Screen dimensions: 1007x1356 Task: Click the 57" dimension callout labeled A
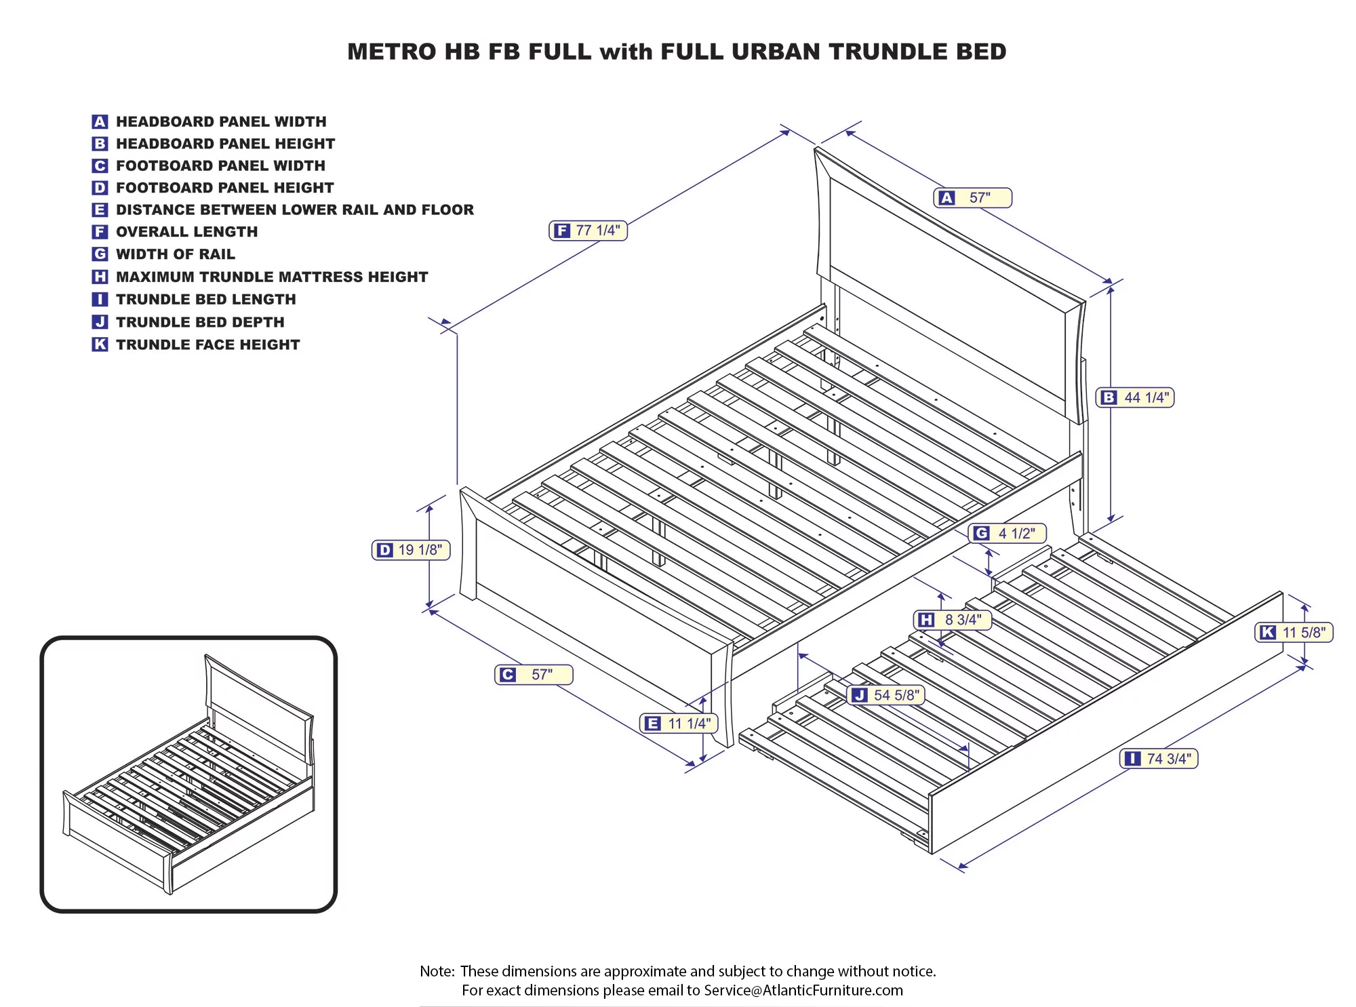point(972,198)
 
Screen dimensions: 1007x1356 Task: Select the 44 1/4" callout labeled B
point(1135,398)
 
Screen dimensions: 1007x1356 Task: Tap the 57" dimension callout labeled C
point(534,675)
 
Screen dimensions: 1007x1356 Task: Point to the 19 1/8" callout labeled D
point(411,550)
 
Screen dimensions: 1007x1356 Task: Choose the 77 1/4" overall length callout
point(588,231)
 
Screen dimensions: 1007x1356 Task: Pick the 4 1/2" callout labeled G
point(1007,534)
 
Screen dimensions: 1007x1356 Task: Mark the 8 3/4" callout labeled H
point(953,620)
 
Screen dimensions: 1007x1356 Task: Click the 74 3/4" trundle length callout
point(1159,759)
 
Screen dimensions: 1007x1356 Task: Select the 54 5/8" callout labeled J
point(886,695)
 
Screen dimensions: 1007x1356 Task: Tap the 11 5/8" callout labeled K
point(1294,633)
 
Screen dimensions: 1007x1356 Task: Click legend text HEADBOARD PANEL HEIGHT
point(225,144)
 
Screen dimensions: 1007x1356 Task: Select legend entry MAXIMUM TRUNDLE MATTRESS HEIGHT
point(272,277)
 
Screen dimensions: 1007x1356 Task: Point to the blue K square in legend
point(100,344)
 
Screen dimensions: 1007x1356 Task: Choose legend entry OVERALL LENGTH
point(186,232)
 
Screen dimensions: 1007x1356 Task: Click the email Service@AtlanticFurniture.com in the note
point(803,990)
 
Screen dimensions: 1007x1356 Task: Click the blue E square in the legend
point(100,210)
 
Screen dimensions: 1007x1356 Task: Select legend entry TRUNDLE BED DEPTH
point(200,322)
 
